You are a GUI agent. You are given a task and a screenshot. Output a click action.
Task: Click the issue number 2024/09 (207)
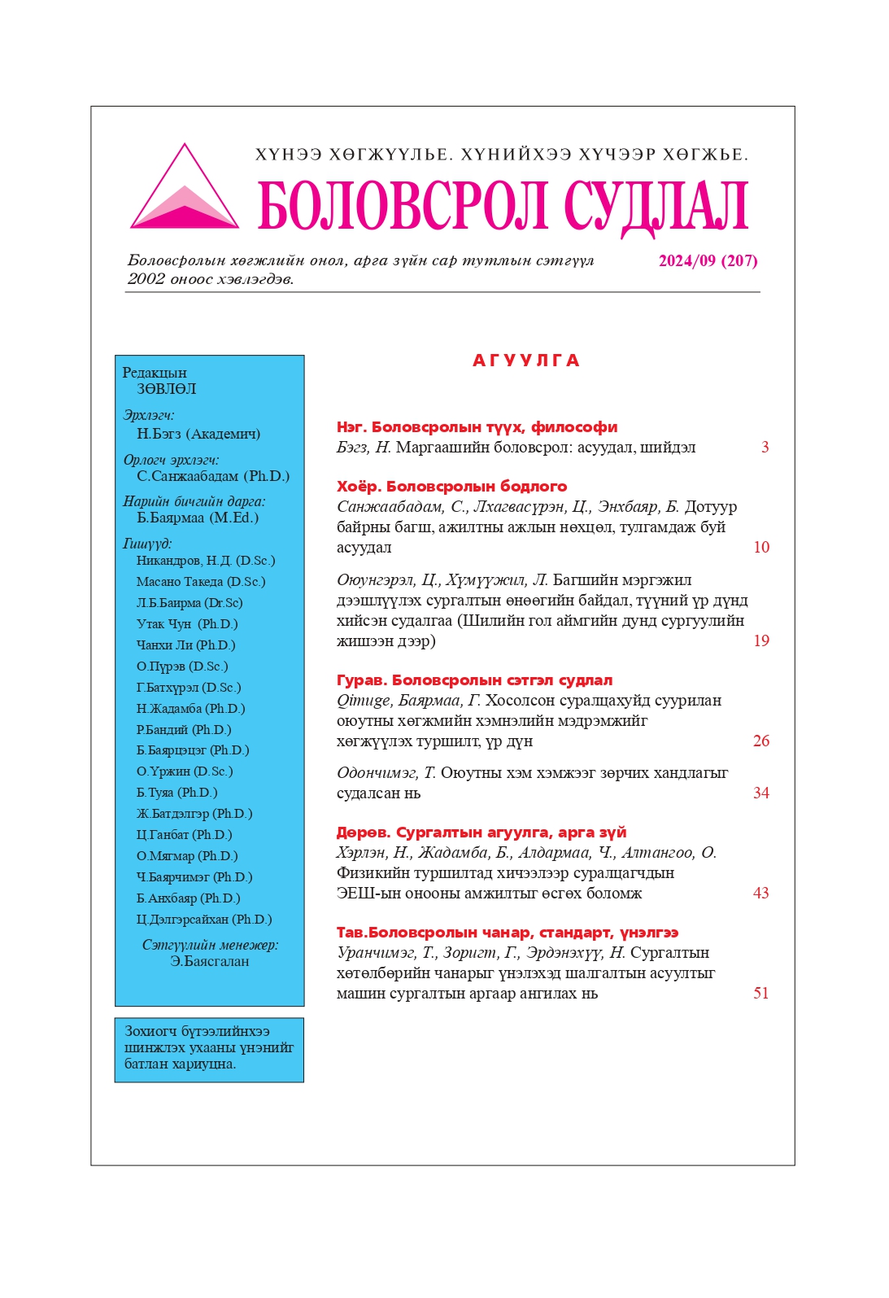(x=708, y=261)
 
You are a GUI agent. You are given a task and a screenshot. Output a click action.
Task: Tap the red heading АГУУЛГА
(x=526, y=361)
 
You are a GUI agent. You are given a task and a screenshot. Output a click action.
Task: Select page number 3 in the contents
(x=765, y=447)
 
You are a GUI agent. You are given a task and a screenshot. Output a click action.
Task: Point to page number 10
(x=761, y=547)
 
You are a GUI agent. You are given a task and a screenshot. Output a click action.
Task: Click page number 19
(x=761, y=640)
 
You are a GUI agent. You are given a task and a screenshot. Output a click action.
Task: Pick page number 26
(x=761, y=741)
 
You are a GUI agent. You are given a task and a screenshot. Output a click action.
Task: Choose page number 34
(x=761, y=793)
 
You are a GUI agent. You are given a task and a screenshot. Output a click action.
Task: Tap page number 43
(x=761, y=893)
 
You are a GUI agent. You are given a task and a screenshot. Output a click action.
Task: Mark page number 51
(x=761, y=993)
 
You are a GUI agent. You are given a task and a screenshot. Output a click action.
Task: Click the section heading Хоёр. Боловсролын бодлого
(x=452, y=487)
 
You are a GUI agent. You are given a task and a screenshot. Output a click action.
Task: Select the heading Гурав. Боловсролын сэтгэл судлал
(x=475, y=680)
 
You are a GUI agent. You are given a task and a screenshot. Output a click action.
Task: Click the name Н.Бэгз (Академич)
(x=198, y=434)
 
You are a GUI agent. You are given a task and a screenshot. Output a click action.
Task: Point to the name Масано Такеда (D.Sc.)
(x=201, y=582)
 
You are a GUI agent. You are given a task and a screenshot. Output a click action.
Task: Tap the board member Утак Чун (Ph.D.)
(x=187, y=624)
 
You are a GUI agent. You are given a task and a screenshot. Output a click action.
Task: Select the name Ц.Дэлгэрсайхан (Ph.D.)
(x=204, y=920)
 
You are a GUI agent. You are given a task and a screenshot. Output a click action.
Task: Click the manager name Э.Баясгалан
(x=210, y=961)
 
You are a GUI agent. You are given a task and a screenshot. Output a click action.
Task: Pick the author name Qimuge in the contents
(x=355, y=701)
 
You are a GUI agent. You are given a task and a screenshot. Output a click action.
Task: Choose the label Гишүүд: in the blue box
(x=147, y=544)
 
